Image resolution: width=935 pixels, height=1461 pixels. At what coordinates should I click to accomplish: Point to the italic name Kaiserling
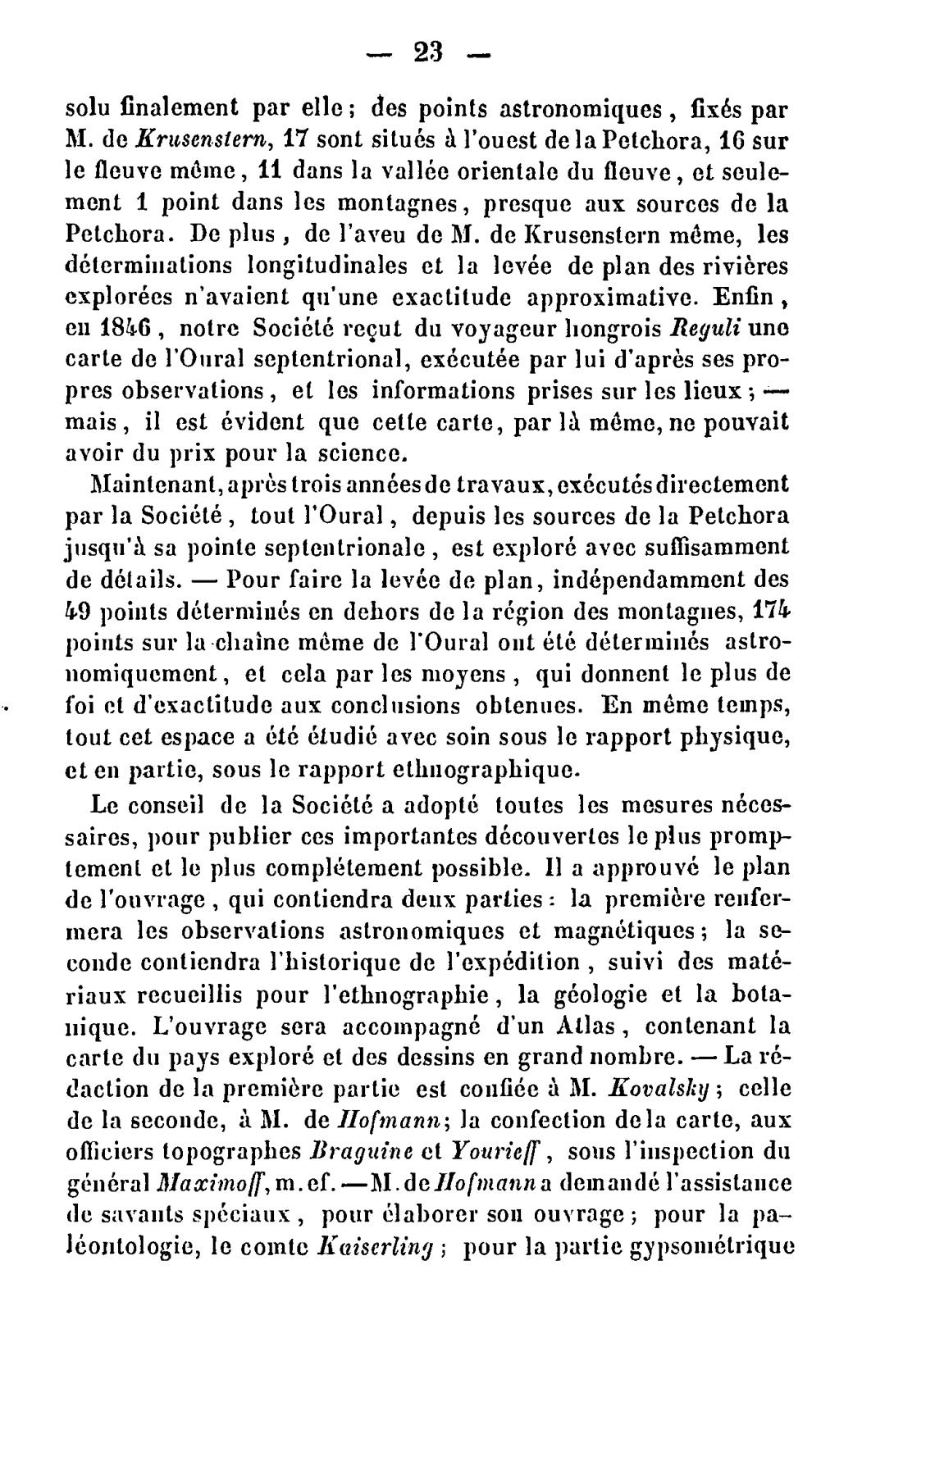[x=376, y=1248]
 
